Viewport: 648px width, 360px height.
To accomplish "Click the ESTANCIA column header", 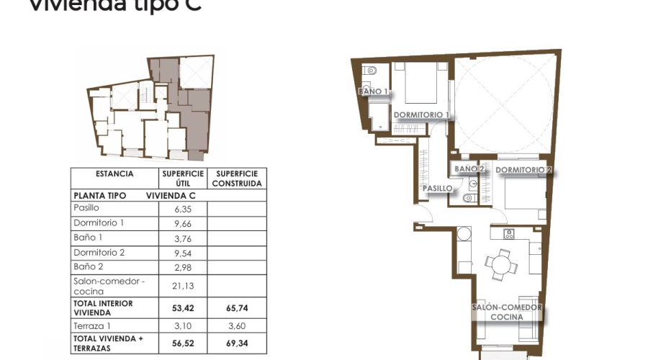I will click(x=114, y=174).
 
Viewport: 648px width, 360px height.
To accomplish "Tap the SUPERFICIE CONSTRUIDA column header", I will click(x=237, y=179).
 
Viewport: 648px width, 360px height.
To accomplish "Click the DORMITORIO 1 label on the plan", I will click(x=421, y=115).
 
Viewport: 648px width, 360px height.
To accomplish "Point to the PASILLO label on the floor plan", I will click(x=437, y=189).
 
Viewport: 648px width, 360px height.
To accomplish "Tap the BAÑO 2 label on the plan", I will click(x=469, y=168).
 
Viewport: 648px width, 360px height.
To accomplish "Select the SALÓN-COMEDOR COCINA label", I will click(x=506, y=312).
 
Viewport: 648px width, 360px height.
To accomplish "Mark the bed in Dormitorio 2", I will click(x=524, y=193).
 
